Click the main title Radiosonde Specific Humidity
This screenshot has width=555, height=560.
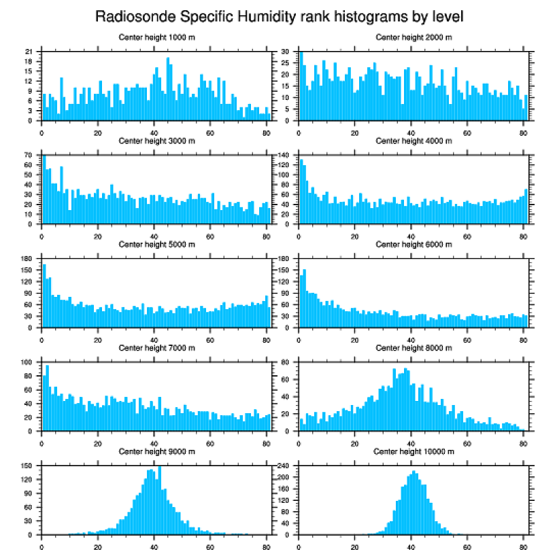278,16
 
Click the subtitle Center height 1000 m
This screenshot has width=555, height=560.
156,37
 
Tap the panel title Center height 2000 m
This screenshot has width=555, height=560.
414,37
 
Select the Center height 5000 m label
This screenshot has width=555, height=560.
156,244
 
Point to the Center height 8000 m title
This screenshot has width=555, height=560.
414,347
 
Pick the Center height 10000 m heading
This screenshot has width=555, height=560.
414,451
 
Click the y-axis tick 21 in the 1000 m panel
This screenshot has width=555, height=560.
29,52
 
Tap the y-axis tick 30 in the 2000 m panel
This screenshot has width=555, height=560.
287,52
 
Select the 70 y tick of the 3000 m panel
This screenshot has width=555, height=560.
29,156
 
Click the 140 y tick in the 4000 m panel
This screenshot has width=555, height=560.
285,156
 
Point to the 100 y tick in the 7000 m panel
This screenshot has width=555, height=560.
27,362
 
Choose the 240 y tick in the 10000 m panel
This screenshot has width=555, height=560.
285,466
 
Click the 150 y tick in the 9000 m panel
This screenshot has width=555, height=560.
27,466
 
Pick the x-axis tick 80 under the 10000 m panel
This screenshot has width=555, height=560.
523,545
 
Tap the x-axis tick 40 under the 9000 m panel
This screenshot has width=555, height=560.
154,545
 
